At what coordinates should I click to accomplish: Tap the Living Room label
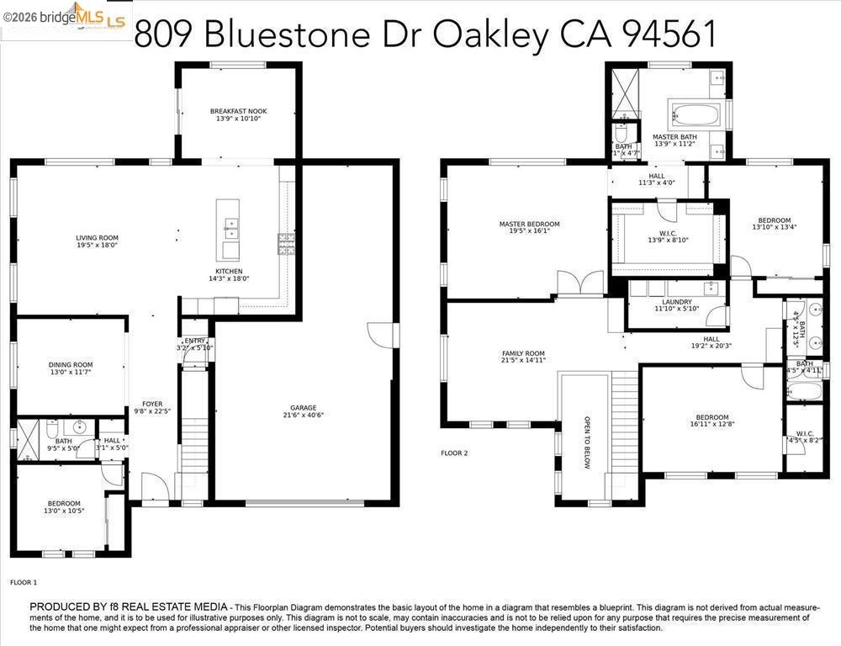[x=97, y=238]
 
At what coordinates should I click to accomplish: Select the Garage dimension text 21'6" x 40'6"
[x=303, y=415]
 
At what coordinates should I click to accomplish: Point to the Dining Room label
[x=71, y=365]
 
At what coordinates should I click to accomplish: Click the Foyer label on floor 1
[x=152, y=404]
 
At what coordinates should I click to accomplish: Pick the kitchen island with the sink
[x=227, y=230]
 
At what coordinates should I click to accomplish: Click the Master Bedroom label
[x=529, y=225]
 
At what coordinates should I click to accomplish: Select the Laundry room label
[x=677, y=302]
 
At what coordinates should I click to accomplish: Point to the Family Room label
[x=523, y=353]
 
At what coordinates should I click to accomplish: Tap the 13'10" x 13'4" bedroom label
[x=774, y=220]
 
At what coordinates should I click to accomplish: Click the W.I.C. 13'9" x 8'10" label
[x=668, y=236]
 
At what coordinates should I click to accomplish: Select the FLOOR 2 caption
[x=454, y=453]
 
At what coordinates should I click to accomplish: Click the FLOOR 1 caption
[x=24, y=582]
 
